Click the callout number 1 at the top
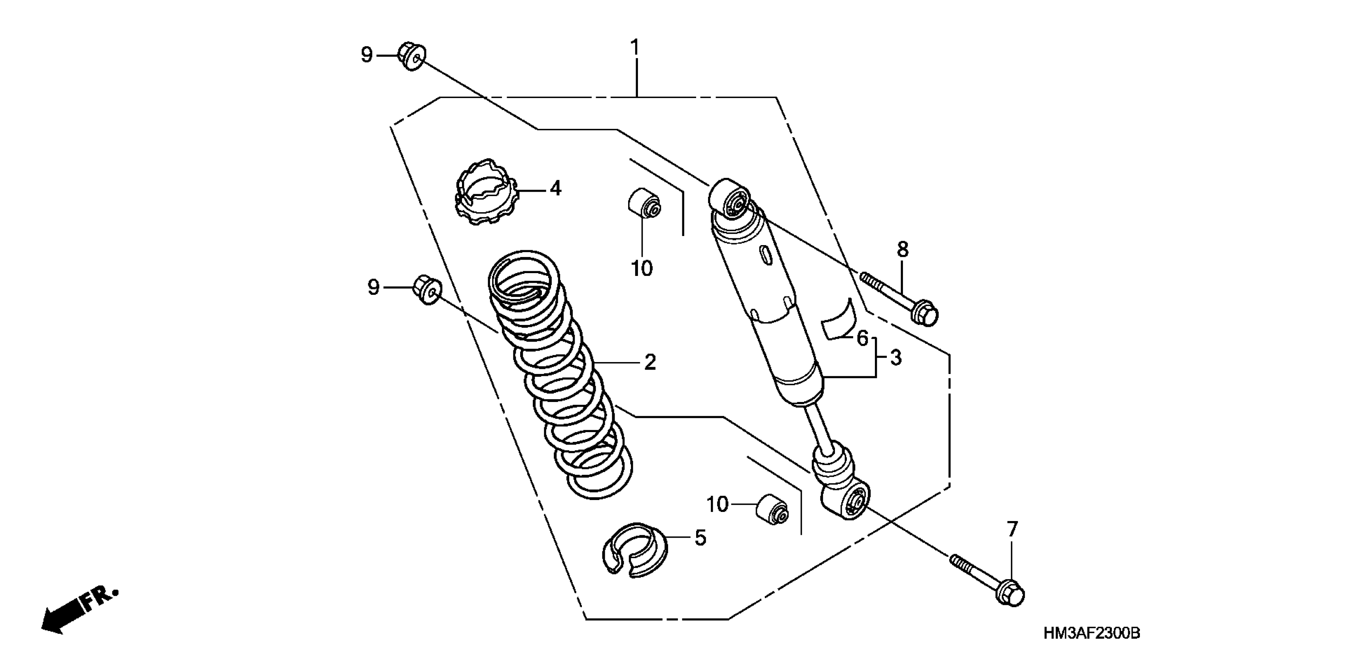(x=635, y=48)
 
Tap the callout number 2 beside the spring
(x=650, y=362)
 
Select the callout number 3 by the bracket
(x=895, y=358)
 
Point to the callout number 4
(x=555, y=189)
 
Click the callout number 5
(x=700, y=538)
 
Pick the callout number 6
(x=862, y=338)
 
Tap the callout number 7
(x=1013, y=529)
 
